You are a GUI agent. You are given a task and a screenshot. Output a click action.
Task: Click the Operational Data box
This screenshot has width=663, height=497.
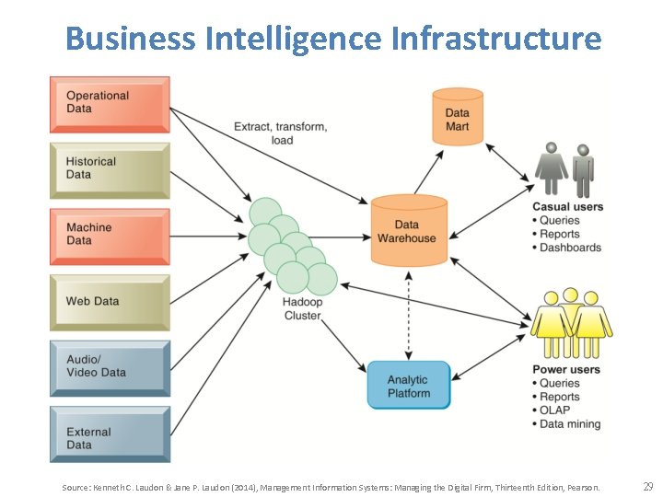pos(109,102)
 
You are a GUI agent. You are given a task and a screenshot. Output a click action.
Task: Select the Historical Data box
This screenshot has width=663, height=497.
pos(109,168)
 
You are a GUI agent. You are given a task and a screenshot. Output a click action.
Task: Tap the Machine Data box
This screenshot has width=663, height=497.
pos(109,234)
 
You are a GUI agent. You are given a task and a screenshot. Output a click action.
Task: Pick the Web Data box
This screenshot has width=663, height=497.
pos(109,301)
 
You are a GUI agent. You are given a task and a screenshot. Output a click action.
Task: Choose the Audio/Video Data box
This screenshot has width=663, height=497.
pos(109,366)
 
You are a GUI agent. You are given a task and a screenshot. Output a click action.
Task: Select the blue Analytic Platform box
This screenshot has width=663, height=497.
pos(408,386)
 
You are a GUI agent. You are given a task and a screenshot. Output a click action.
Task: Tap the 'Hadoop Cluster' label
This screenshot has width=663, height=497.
pos(302,308)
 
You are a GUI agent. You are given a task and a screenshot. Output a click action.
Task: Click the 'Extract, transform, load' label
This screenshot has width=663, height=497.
pos(281,133)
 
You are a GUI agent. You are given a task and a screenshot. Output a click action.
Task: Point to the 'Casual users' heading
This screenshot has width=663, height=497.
pos(567,207)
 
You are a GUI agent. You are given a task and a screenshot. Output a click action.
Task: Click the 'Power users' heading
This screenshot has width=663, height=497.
pos(566,370)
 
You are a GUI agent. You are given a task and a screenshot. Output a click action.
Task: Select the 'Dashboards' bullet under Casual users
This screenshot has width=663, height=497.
pos(570,248)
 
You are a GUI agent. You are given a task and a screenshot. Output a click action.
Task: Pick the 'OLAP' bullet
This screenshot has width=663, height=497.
pos(554,410)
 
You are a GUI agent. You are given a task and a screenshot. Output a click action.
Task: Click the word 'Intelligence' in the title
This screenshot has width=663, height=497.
pos(293,39)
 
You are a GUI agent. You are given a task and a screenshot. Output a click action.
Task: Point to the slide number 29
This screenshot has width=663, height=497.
pos(647,486)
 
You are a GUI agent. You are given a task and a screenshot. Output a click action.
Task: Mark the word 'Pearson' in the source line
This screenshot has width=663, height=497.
pos(581,487)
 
